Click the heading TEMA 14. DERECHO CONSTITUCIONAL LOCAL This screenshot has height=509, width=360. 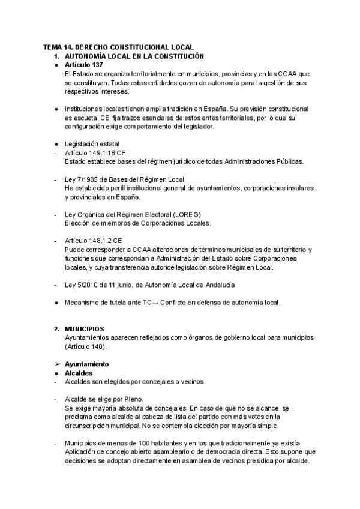[x=118, y=46]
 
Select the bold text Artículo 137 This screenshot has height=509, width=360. [x=83, y=64]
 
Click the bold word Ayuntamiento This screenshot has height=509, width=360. [x=86, y=364]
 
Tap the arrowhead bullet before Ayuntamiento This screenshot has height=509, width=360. [x=56, y=364]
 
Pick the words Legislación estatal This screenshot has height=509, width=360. [x=92, y=144]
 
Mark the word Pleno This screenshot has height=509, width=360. [x=134, y=399]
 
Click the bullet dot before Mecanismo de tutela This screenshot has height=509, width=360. [x=56, y=302]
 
